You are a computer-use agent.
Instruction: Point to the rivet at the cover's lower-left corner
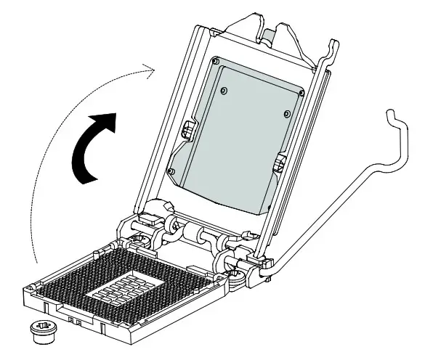169,171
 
